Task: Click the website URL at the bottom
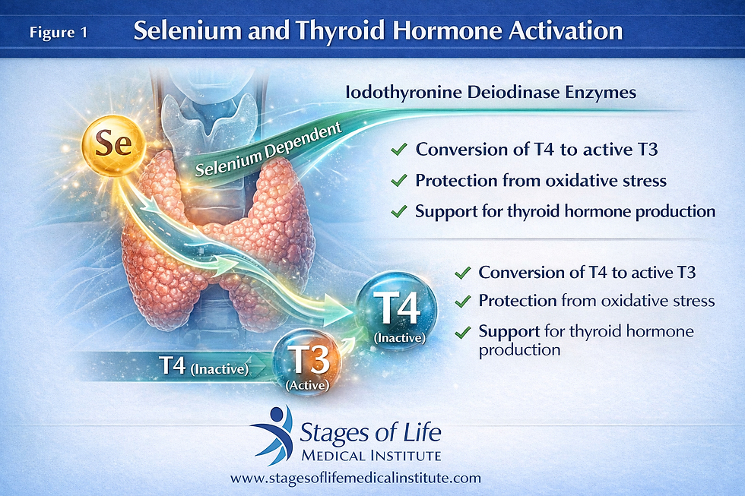click(x=356, y=478)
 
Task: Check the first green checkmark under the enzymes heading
click(x=398, y=149)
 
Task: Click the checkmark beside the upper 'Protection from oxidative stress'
click(x=398, y=180)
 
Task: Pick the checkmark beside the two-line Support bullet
click(x=461, y=332)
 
